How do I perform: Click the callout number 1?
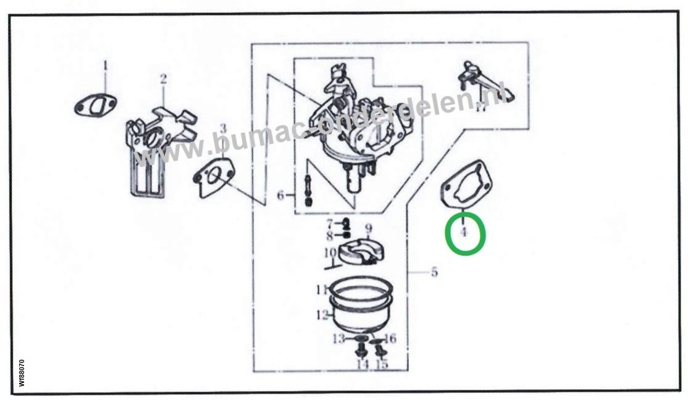coord(105,65)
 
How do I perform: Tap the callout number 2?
coord(163,79)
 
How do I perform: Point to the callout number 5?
coord(434,272)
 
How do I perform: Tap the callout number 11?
coord(321,289)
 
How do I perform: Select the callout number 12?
coord(321,315)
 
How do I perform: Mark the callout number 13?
coord(338,338)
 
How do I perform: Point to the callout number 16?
coord(390,338)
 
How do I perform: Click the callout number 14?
coord(361,364)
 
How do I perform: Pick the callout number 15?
coord(382,364)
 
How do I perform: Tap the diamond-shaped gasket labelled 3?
coord(212,177)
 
